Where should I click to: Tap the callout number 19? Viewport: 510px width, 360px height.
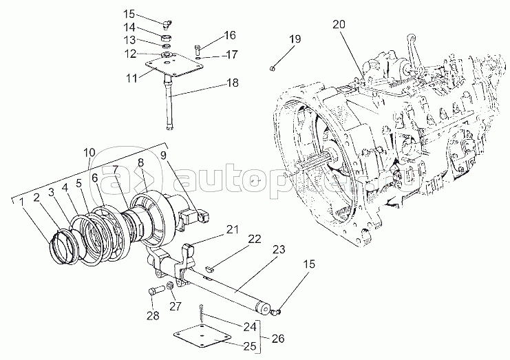coord(295,40)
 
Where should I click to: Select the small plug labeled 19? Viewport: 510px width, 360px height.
coord(273,67)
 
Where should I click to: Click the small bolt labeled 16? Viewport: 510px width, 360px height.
coord(198,48)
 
